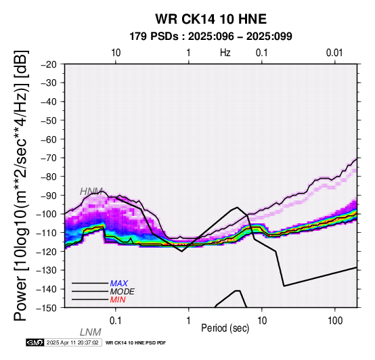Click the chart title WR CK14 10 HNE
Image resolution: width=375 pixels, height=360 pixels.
click(211, 19)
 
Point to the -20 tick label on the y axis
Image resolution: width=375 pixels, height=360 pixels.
click(49, 64)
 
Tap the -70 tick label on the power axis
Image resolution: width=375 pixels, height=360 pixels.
click(49, 158)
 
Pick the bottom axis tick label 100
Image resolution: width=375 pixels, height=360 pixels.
click(335, 321)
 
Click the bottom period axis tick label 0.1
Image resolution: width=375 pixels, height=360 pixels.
click(116, 321)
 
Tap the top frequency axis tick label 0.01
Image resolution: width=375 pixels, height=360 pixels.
click(334, 53)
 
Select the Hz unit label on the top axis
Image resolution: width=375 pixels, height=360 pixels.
click(225, 53)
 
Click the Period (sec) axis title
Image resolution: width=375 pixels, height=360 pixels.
click(225, 328)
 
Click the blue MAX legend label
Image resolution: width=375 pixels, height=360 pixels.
click(118, 284)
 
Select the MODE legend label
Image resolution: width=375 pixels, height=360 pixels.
click(123, 292)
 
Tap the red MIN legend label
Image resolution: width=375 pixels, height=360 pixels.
click(118, 300)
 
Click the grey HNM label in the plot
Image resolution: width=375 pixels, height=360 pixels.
click(91, 192)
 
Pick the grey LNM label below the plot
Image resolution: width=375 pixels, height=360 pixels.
click(91, 332)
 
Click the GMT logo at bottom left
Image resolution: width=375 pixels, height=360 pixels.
click(35, 342)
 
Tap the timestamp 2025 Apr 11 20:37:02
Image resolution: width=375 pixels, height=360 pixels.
click(72, 342)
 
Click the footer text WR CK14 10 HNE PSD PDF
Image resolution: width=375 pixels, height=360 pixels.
click(135, 343)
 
